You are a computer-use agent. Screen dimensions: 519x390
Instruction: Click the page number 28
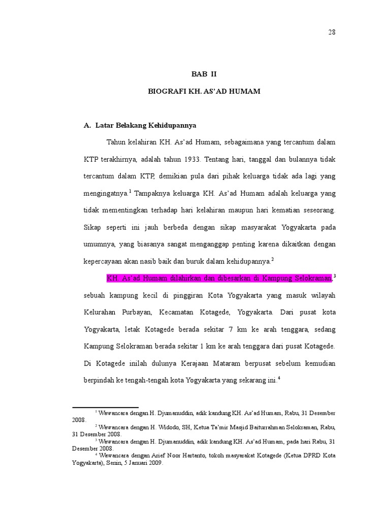(x=332, y=32)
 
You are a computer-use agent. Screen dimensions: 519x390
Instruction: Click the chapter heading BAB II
(x=204, y=74)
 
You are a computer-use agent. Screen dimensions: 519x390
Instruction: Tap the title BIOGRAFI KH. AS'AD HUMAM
(x=204, y=92)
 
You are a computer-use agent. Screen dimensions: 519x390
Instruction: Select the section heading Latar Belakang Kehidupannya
(x=145, y=125)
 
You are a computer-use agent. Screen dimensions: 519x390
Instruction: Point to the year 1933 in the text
(x=188, y=159)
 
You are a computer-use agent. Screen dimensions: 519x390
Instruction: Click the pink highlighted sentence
(x=219, y=278)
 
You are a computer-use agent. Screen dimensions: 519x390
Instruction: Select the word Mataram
(x=237, y=364)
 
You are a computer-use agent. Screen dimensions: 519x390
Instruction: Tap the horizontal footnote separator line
(x=105, y=407)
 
